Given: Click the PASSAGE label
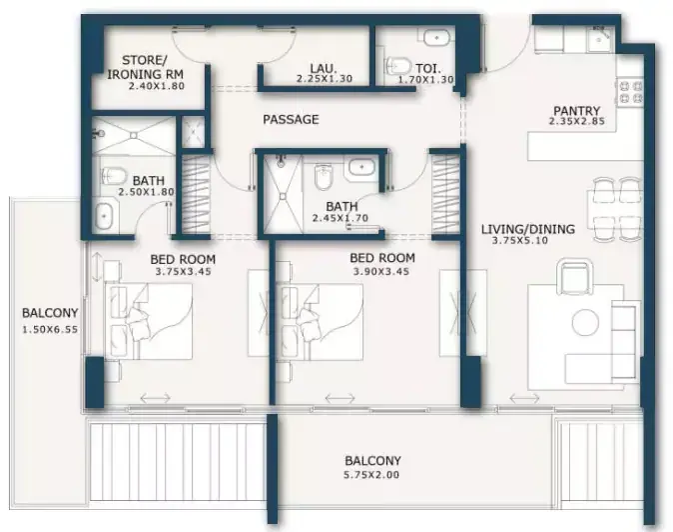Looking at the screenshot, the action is point(291,119).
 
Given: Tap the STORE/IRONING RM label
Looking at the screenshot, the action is point(145,67).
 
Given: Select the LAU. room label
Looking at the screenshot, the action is point(324,68).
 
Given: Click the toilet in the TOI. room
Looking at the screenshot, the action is point(397,67).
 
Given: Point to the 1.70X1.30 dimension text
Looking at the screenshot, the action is point(425,79).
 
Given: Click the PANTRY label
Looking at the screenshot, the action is point(576,111).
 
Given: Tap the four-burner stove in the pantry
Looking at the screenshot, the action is point(630,92).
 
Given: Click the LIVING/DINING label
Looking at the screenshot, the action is point(527,229).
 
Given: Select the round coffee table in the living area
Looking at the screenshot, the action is point(585,322).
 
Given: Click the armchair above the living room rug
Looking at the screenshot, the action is point(575,276).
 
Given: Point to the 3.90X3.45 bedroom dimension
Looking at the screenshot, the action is point(381,272).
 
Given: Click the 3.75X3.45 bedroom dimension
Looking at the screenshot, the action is point(184,272).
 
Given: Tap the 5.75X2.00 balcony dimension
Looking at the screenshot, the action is point(371,475).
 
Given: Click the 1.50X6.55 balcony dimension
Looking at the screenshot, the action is point(50,330).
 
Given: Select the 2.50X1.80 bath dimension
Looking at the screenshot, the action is point(147,192).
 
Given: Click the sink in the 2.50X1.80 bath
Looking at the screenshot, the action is point(104,216).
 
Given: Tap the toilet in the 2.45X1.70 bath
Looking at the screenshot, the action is point(323,177).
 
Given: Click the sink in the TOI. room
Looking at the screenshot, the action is point(436,37).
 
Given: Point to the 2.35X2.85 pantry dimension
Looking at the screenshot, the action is point(576,121).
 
